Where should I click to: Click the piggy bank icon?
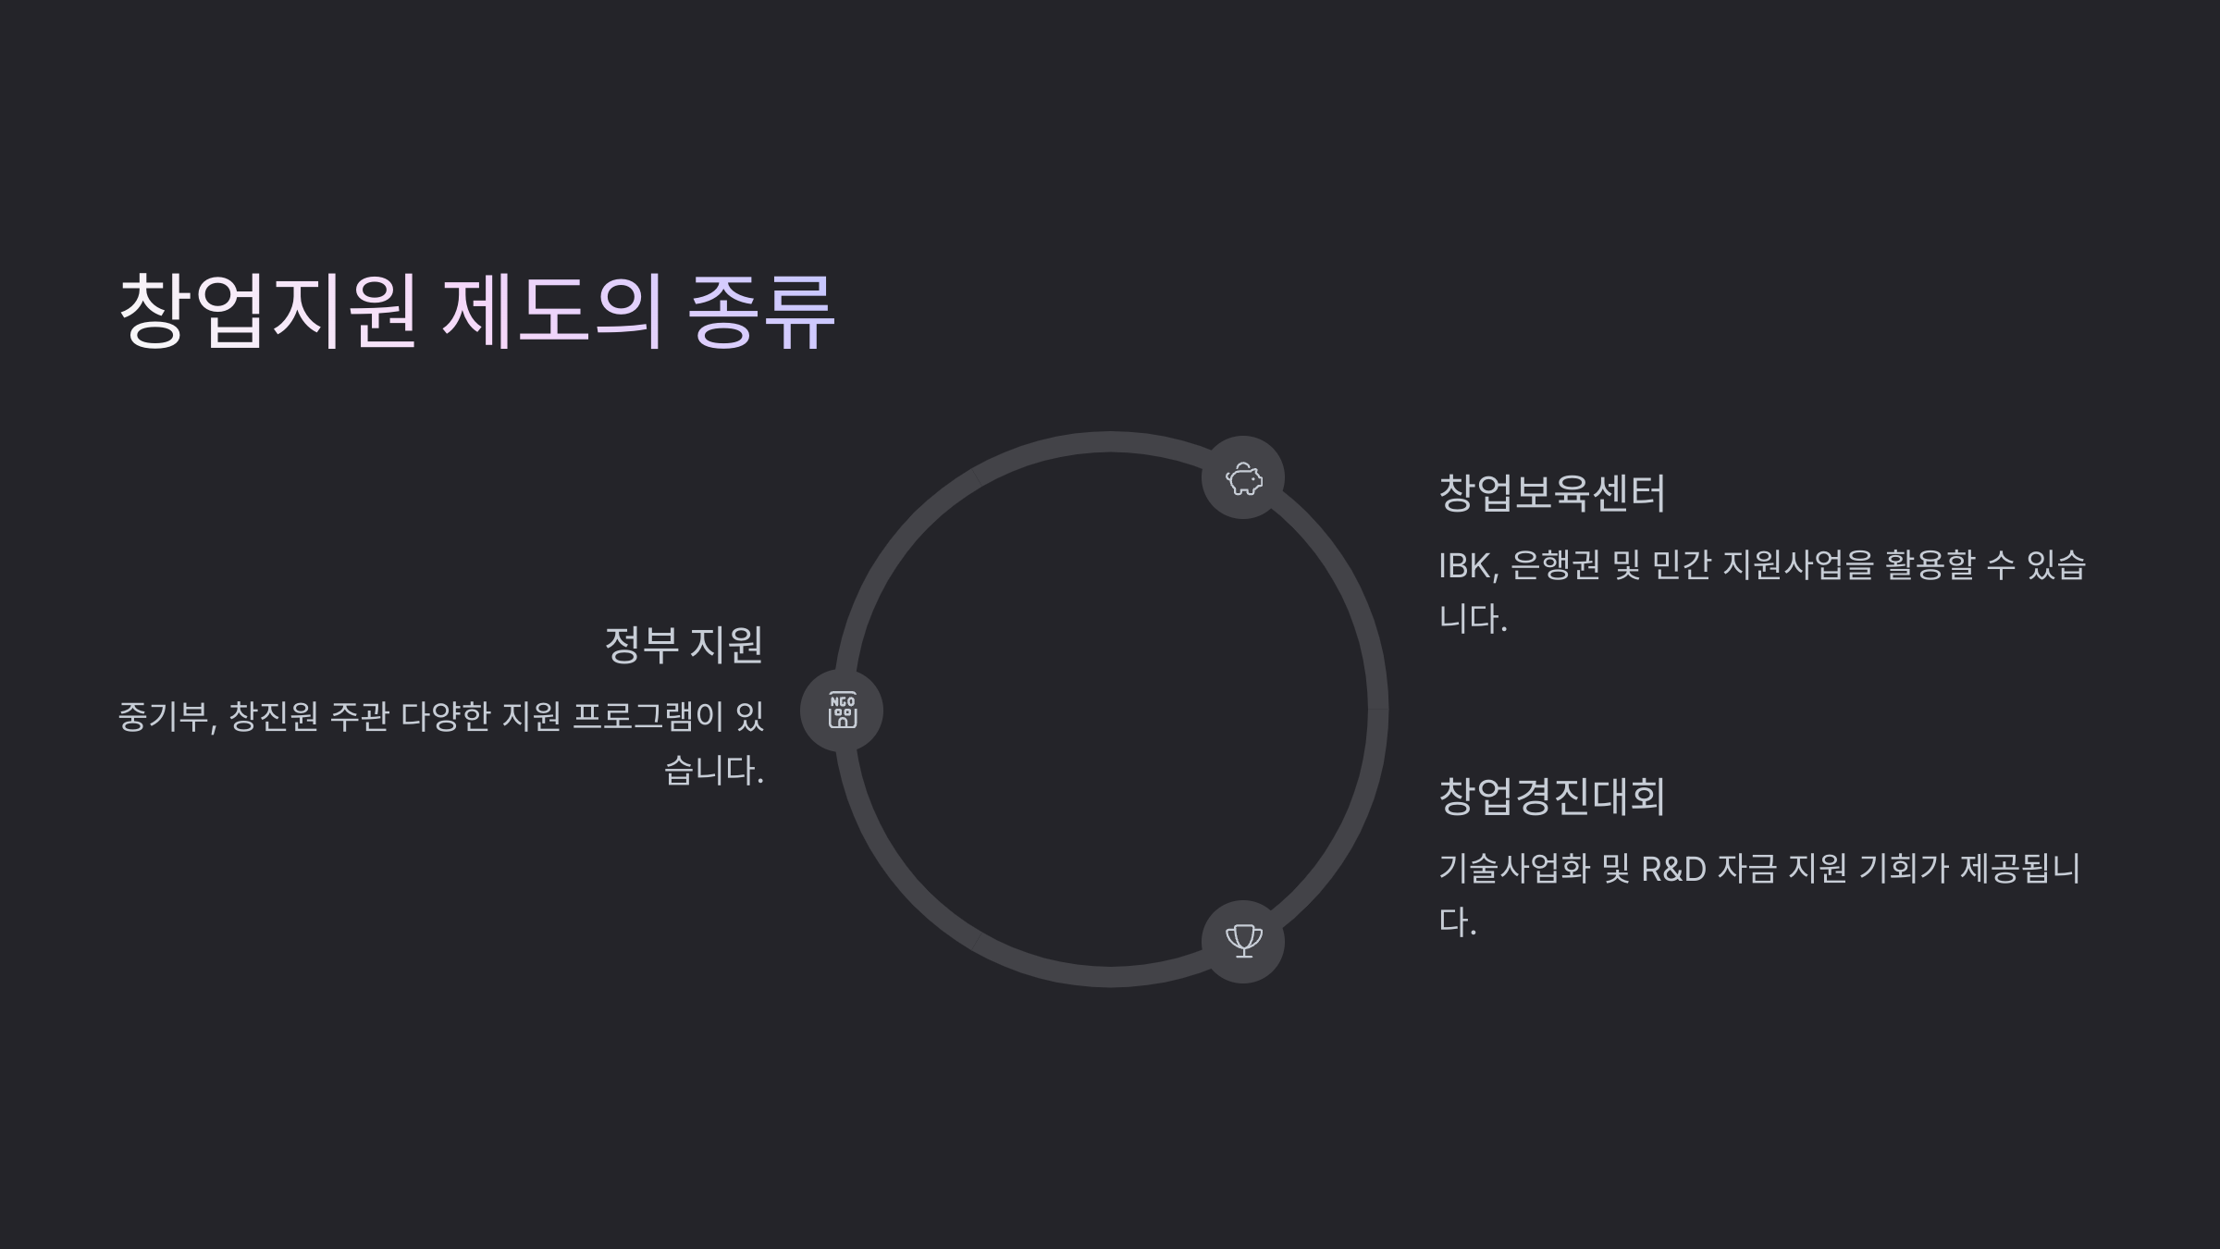[1243, 478]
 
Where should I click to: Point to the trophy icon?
[1243, 941]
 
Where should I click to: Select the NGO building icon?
[842, 711]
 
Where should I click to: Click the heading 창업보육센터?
[1551, 492]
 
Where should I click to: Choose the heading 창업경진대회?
[1551, 796]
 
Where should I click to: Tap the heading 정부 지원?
[684, 644]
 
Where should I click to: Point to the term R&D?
[1672, 869]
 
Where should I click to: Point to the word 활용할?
[1930, 565]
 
